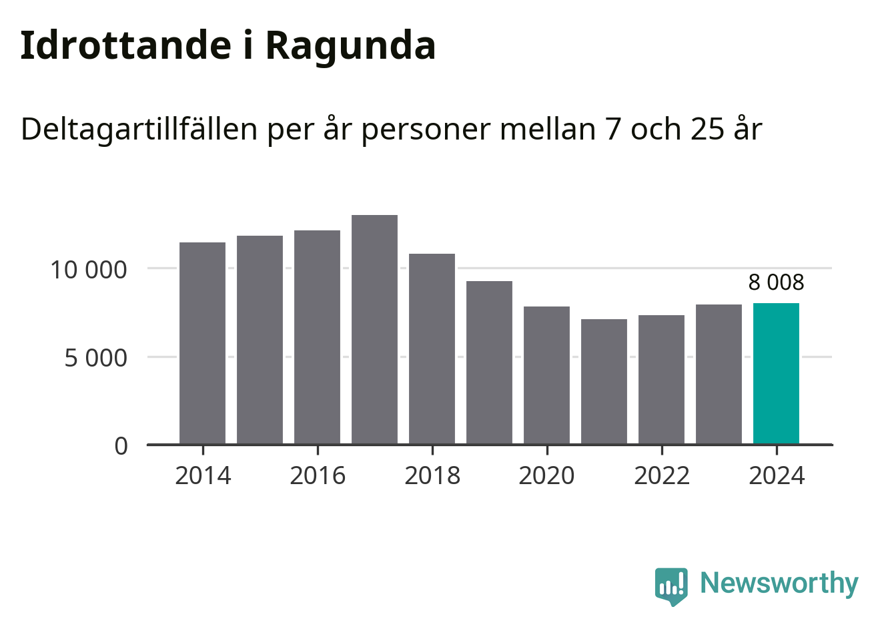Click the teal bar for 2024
click(x=776, y=373)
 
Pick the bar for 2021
click(x=604, y=381)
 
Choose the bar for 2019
click(x=489, y=362)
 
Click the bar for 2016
click(x=317, y=337)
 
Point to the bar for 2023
click(x=719, y=374)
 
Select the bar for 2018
click(x=432, y=349)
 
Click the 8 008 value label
click(x=776, y=282)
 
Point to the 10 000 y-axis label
click(x=89, y=270)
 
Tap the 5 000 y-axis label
click(x=95, y=358)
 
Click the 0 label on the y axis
click(x=121, y=445)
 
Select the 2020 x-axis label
click(x=546, y=475)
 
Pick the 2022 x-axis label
click(x=661, y=475)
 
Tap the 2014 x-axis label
click(x=202, y=475)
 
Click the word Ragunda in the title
click(x=350, y=45)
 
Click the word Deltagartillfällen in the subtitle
click(x=139, y=129)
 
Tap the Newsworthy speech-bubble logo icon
click(x=671, y=586)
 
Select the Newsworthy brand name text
click(x=779, y=583)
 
